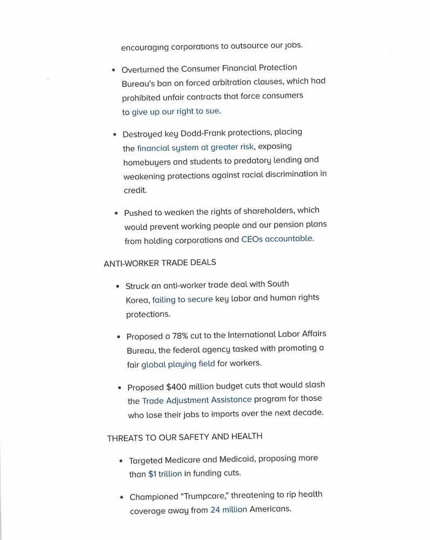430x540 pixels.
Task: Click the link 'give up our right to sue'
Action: point(176,112)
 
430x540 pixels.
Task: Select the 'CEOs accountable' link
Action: point(277,239)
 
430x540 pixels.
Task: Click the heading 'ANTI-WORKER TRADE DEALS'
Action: point(160,263)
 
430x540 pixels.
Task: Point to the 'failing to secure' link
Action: point(182,299)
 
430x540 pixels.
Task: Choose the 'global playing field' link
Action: point(178,364)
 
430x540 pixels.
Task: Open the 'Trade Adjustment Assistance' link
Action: point(197,400)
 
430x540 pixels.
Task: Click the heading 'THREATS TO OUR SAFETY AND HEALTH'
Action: point(185,437)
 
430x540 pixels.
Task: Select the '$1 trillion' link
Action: point(165,474)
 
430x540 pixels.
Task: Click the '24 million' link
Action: point(229,509)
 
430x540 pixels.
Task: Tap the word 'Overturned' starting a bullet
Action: point(142,69)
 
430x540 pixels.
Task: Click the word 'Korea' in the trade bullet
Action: point(137,299)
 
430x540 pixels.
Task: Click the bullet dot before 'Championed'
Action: point(122,497)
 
